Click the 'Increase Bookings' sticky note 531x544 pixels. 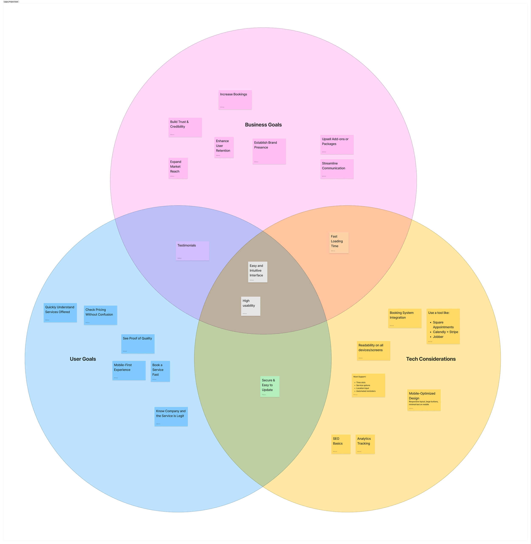[235, 100]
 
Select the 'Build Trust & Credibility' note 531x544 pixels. [185, 127]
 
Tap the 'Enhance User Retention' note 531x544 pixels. [224, 147]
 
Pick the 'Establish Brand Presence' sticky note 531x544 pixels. [269, 151]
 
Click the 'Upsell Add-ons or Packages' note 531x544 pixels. [337, 144]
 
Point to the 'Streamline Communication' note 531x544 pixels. [337, 169]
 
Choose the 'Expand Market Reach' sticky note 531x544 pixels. [178, 168]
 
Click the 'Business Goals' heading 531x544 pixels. [263, 125]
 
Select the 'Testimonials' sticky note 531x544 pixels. [192, 251]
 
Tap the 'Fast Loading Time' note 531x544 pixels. [339, 243]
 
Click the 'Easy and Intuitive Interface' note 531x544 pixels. [258, 272]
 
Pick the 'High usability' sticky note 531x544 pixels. [250, 306]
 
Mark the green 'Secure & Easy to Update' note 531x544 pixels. [270, 386]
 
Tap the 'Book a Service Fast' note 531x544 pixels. [160, 371]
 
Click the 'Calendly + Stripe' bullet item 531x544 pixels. [445, 332]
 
